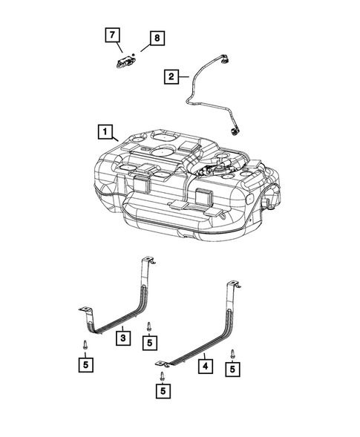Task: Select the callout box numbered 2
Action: [171, 75]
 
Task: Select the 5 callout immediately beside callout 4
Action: [234, 368]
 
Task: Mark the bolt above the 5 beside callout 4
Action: [233, 352]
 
